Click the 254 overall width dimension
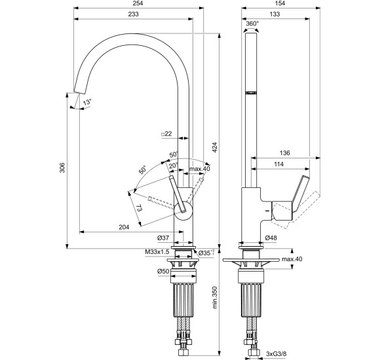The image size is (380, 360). pos(138,3)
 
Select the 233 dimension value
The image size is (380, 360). pos(133,14)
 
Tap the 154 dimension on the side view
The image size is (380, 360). pos(280,3)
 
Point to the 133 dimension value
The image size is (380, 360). pos(275,14)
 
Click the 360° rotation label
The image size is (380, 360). pos(252,24)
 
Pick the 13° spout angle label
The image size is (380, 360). pos(87,102)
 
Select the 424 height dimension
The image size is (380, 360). pos(215,147)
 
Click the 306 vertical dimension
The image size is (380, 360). pos(62,168)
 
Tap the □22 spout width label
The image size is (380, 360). pos(166,134)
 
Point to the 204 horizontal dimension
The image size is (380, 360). pos(124,227)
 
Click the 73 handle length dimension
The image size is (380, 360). pos(139,208)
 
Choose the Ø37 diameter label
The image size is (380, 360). pos(163,238)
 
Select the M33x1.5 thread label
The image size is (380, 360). pos(157,252)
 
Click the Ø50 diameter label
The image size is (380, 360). pos(163,272)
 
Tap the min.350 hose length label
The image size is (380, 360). pos(215,298)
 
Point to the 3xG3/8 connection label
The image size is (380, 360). pos(276,353)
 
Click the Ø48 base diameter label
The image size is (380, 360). pos(271,238)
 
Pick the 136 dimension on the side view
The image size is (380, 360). pos(284,153)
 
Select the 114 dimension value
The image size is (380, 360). pos(278,164)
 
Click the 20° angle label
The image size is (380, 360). pos(174,166)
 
